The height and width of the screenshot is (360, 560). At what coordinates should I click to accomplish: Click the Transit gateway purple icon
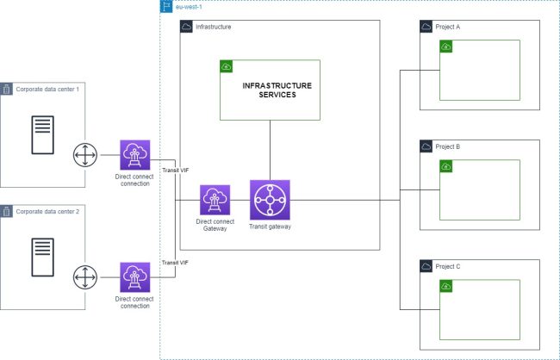click(270, 200)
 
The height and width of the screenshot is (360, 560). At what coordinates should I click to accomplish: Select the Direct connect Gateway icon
click(214, 200)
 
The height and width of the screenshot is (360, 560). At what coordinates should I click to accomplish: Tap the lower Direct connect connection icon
click(134, 278)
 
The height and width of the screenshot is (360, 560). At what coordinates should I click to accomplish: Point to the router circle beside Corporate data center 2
click(84, 278)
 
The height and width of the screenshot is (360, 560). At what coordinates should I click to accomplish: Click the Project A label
click(448, 28)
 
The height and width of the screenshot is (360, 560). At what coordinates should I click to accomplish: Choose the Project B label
click(448, 147)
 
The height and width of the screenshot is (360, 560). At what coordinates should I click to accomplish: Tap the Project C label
click(448, 267)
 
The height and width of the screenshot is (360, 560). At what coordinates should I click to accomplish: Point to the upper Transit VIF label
click(176, 171)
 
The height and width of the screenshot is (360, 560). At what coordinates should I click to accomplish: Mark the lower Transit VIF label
click(176, 262)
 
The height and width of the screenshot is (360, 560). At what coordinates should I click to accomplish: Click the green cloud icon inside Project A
click(446, 47)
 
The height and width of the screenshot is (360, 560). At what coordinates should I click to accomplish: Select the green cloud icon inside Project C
click(446, 286)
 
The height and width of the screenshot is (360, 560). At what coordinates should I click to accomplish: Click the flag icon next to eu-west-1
click(166, 6)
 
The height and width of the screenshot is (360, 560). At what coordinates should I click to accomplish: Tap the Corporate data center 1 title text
click(47, 89)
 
